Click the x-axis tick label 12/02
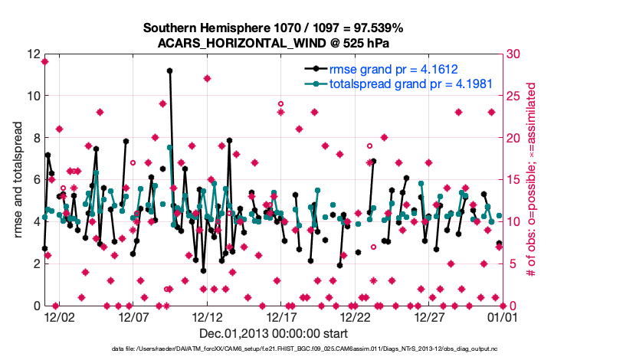[58, 316]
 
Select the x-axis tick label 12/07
[133, 316]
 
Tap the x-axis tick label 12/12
[207, 316]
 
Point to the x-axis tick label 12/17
[280, 316]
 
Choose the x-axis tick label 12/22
[355, 316]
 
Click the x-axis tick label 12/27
[429, 316]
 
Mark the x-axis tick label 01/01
[503, 316]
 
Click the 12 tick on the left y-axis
[32, 54]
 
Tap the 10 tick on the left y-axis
[32, 97]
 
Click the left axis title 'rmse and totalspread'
[18, 180]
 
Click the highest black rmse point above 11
[169, 70]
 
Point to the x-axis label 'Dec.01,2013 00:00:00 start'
[274, 333]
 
